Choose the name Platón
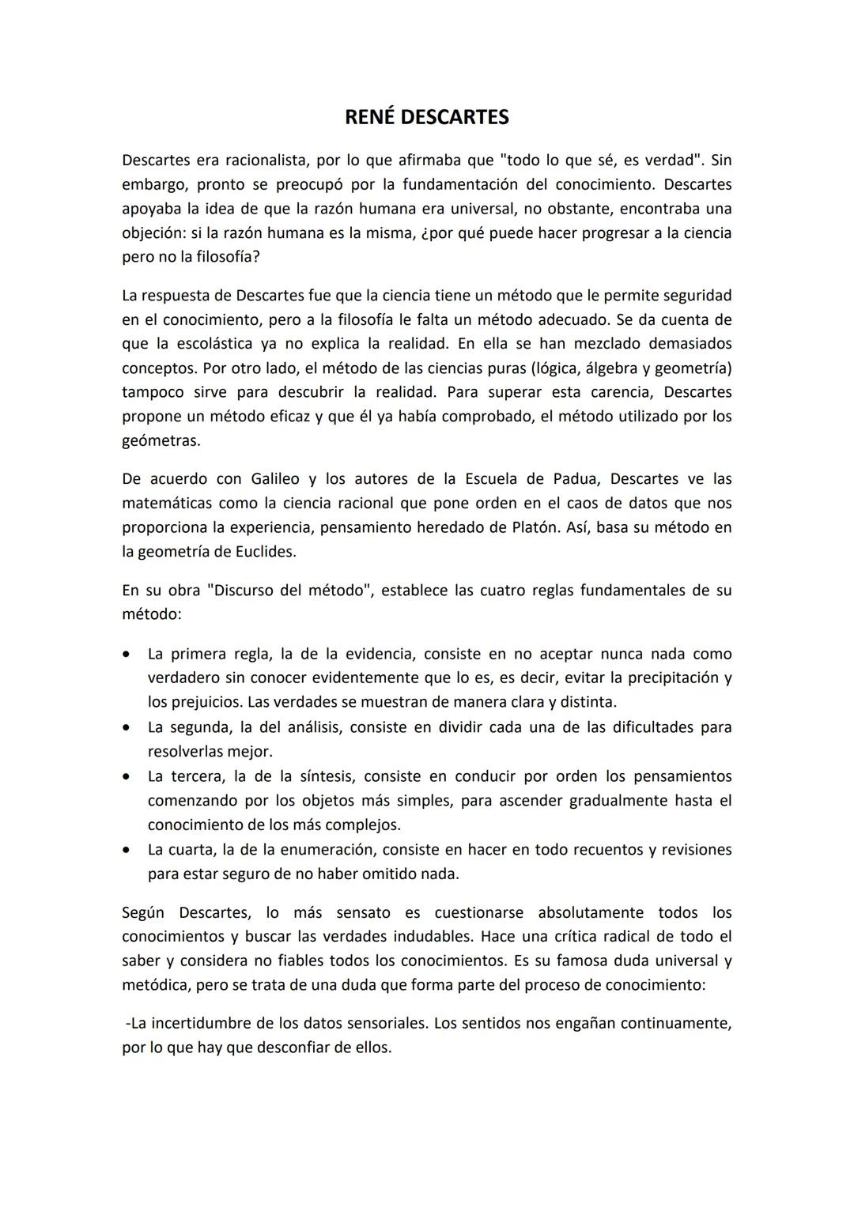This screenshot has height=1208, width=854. click(x=535, y=527)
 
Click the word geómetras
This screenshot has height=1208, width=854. click(x=161, y=441)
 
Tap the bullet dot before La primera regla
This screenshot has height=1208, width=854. click(x=127, y=655)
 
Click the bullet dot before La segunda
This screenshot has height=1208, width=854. click(x=127, y=727)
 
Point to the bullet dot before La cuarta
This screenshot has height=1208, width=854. click(x=127, y=850)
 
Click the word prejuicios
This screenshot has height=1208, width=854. click(x=205, y=702)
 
